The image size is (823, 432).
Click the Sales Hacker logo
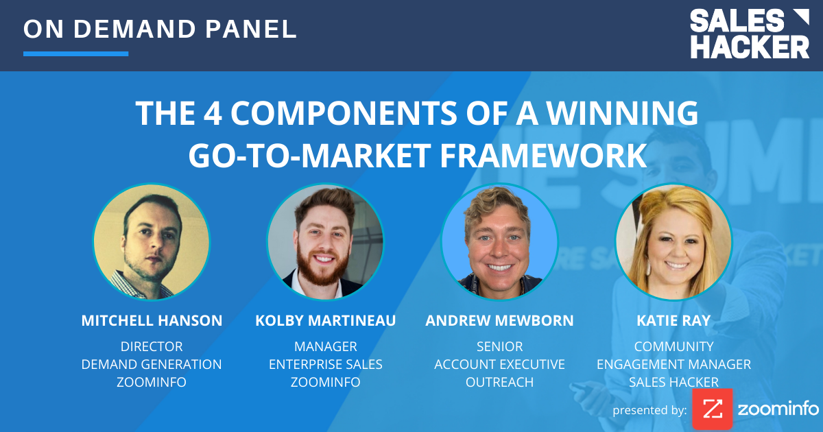point(749,34)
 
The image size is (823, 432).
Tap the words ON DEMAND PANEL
point(160,29)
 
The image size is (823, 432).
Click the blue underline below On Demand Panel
point(75,53)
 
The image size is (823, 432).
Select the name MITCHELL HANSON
point(152,320)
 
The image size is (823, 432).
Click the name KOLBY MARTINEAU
point(325,320)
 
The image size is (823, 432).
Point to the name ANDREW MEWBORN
point(499,320)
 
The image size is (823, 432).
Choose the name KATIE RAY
point(673,320)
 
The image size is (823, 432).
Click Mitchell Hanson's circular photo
point(152,242)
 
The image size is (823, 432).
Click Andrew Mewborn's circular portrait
point(499,242)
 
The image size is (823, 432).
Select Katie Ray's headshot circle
point(673,242)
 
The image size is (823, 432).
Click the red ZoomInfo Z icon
point(712,409)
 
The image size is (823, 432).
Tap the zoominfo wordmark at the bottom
point(778,409)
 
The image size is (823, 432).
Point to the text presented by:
point(649,411)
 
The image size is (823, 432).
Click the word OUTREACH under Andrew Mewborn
point(499,382)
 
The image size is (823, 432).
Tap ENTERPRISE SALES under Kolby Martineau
point(325,364)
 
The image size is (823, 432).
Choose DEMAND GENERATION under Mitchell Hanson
point(152,364)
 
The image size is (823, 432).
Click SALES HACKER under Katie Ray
point(673,382)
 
